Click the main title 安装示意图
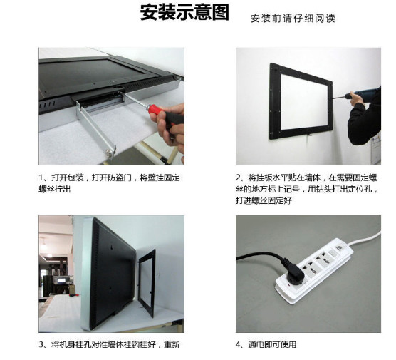pyautogui.click(x=184, y=12)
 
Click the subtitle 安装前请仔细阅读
pyautogui.click(x=293, y=19)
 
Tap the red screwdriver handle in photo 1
pyautogui.click(x=155, y=111)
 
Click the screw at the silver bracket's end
pyautogui.click(x=109, y=153)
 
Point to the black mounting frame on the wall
pyautogui.click(x=276, y=101)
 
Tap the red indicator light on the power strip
pyautogui.click(x=288, y=286)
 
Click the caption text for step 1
pyautogui.click(x=109, y=183)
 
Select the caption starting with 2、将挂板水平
pyautogui.click(x=306, y=189)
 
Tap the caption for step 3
pyautogui.click(x=109, y=344)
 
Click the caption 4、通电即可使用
pyautogui.click(x=266, y=344)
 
